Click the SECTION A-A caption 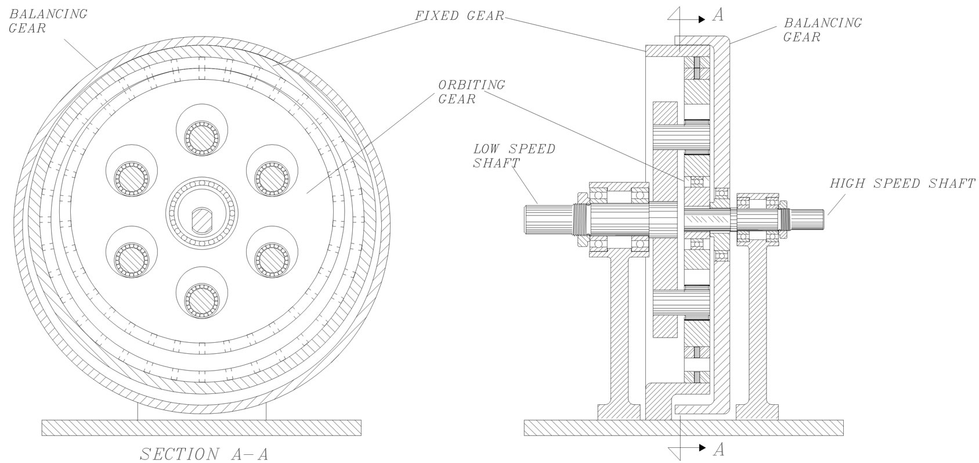tap(204, 454)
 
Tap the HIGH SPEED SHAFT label tap(902, 184)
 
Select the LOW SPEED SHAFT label tap(514, 156)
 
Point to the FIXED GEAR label tap(460, 16)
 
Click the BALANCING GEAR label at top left tap(48, 21)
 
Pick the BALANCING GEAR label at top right tap(822, 30)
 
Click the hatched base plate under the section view tap(201, 427)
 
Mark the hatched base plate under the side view tap(682, 428)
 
